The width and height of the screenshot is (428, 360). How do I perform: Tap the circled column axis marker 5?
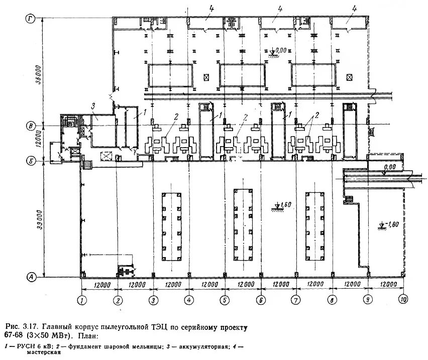224,301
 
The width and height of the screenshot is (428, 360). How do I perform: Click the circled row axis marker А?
31,277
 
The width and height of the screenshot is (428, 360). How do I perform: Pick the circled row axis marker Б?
31,161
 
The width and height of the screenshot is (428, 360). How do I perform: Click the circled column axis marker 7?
296,301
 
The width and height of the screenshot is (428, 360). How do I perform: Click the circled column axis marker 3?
153,301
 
